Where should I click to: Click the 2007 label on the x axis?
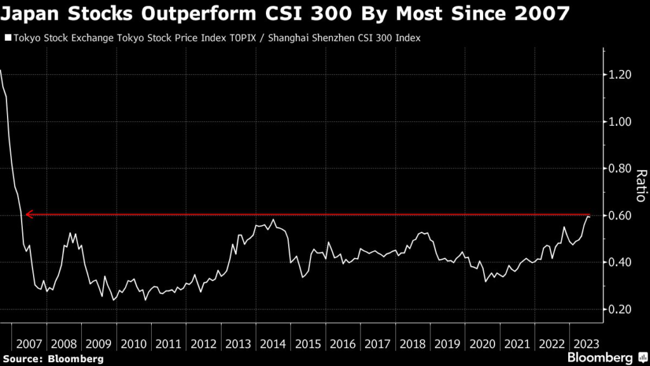pos(30,344)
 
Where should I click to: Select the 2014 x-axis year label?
pos(272,344)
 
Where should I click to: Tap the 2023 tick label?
pos(584,344)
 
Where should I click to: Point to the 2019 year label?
pos(446,344)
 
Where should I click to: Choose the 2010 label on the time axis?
pos(134,344)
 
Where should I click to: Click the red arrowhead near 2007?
pos(28,215)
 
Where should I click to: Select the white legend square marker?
pos(8,38)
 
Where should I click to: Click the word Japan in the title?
pos(30,13)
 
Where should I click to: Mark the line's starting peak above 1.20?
pos(1,71)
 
